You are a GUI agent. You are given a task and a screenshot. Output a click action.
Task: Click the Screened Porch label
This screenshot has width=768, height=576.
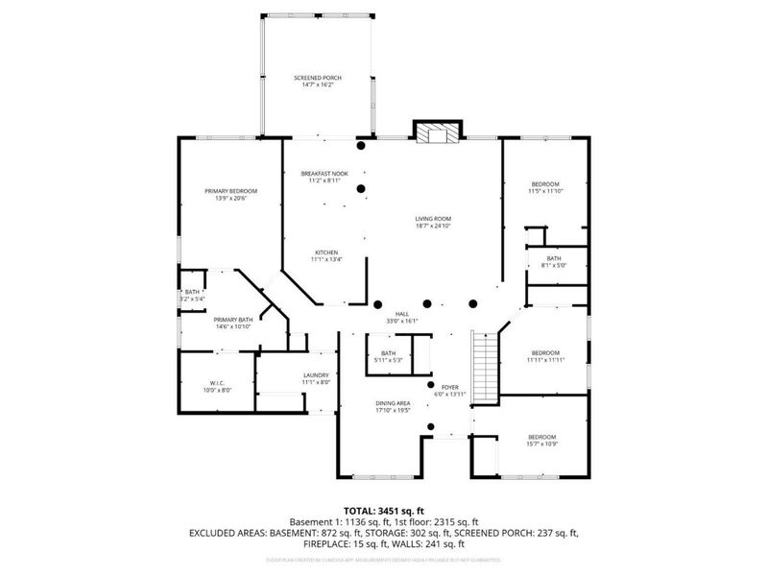tap(317, 81)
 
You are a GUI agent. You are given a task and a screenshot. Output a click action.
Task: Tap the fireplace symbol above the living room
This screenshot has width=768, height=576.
tap(437, 132)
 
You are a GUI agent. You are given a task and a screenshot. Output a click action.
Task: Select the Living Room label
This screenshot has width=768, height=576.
tap(433, 222)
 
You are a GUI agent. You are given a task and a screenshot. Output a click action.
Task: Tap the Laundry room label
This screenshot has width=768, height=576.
tap(316, 378)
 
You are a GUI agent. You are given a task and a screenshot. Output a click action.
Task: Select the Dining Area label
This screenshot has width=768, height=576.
tap(392, 407)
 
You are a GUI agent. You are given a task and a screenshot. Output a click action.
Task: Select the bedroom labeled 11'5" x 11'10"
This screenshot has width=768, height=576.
tap(545, 187)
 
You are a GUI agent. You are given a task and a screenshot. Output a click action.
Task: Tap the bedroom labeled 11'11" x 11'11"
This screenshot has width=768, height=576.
tap(544, 355)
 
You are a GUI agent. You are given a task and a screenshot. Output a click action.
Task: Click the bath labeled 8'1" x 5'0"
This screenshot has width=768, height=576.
tap(554, 262)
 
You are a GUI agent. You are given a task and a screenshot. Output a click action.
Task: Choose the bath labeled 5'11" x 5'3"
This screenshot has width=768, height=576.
tap(388, 357)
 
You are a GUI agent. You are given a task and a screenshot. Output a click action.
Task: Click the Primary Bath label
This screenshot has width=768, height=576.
tap(232, 324)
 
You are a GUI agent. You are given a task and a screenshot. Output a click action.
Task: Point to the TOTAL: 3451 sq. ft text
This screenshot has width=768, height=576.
tap(384, 512)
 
